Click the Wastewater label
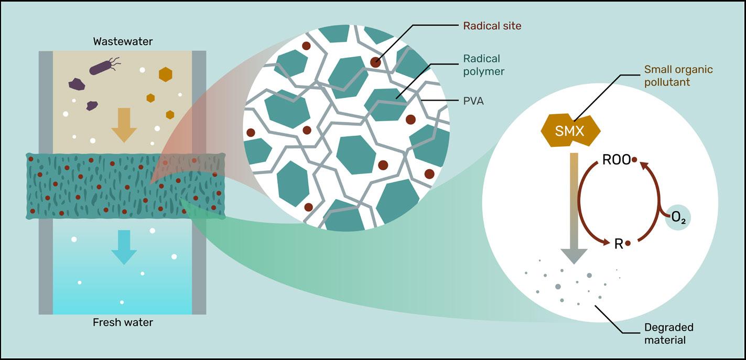123,41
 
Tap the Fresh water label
123,322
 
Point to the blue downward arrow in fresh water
124,246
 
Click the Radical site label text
492,25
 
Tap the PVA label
473,101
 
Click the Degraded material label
668,333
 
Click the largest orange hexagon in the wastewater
165,74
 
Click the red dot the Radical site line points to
375,62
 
